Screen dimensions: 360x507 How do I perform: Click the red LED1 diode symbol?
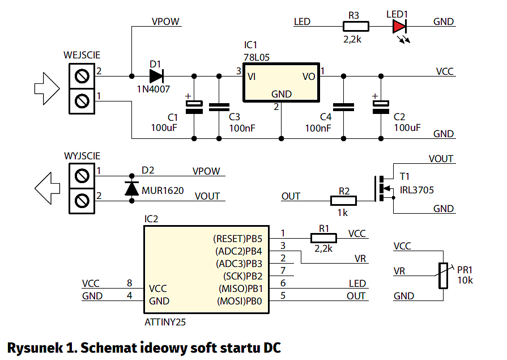(x=400, y=26)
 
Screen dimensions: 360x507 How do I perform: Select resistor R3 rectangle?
(x=356, y=26)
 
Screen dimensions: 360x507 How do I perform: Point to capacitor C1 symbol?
(x=194, y=106)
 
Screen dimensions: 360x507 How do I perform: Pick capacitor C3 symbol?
(x=219, y=107)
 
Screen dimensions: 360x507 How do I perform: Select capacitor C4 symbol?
(x=343, y=107)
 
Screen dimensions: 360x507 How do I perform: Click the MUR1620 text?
(x=163, y=191)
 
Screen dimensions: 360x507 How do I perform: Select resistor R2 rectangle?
(x=343, y=200)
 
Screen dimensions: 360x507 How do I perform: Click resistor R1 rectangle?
(x=323, y=238)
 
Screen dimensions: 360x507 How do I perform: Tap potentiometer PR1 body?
(x=442, y=275)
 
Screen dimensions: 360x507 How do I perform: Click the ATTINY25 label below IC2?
(x=165, y=322)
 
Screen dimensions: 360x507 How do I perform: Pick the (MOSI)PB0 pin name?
(x=240, y=301)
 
